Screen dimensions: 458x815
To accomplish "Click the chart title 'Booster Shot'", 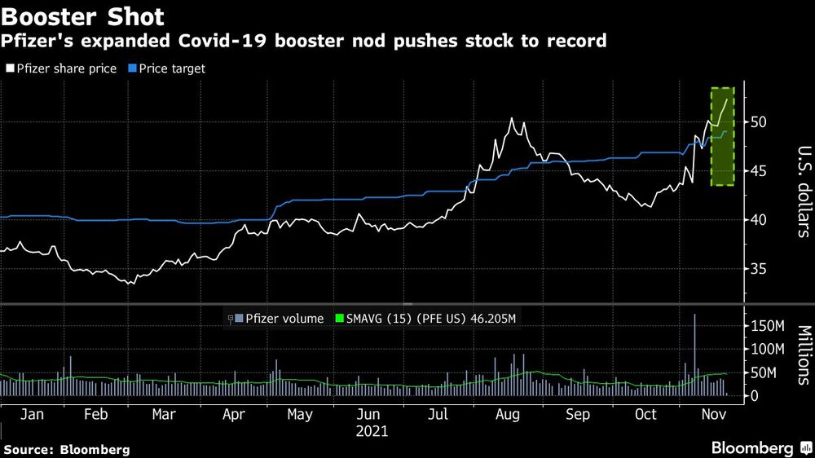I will [x=84, y=15].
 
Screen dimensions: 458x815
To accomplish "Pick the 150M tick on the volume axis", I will [x=766, y=327].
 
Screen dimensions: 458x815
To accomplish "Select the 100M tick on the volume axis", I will [x=766, y=350].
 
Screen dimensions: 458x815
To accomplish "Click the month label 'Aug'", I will [x=508, y=415].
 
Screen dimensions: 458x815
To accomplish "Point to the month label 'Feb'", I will [x=96, y=415].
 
